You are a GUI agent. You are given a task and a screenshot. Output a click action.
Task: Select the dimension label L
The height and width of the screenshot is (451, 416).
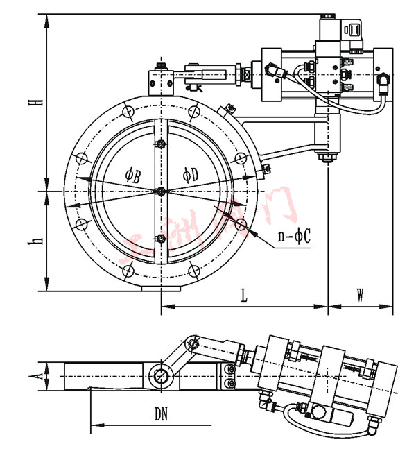pos(244,296)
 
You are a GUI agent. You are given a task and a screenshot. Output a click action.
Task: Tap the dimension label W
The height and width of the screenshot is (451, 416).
pos(361,295)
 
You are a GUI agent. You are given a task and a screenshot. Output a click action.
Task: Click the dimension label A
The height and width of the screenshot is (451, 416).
pos(41,376)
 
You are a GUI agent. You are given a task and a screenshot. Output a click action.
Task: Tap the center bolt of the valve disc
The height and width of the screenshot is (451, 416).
pos(160,192)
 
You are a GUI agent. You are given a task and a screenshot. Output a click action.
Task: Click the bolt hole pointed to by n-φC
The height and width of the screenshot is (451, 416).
pos(241,223)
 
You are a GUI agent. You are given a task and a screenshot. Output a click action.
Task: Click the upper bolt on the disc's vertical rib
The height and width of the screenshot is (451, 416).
pos(160,144)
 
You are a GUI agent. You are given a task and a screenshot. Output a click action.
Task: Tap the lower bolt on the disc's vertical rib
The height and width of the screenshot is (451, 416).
pos(160,239)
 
